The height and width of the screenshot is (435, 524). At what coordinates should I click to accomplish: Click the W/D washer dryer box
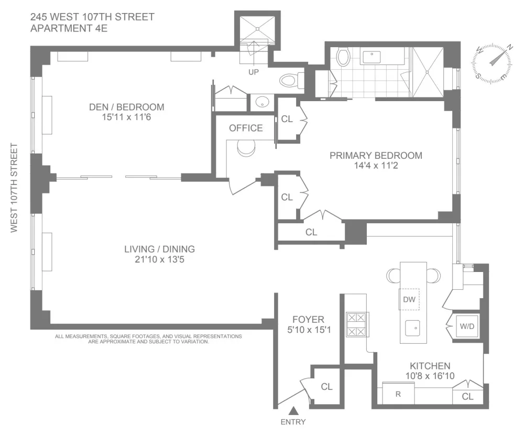467,327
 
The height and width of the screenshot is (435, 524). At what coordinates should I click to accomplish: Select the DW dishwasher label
409,299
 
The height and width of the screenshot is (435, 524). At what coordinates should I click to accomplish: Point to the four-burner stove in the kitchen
357,324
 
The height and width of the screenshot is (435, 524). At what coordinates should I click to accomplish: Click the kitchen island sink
412,328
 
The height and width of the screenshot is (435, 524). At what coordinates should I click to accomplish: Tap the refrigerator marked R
398,394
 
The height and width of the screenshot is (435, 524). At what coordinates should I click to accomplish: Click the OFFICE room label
246,128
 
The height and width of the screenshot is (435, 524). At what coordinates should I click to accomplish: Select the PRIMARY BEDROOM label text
376,156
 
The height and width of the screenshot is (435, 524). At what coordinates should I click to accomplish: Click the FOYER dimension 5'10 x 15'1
309,330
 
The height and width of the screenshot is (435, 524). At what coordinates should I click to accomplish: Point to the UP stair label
253,72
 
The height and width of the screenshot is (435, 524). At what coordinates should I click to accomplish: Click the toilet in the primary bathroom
343,57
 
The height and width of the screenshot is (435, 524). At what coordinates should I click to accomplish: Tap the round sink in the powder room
262,102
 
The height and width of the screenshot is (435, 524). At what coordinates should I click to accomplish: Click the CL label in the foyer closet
326,386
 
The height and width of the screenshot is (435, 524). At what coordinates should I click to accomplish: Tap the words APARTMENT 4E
69,28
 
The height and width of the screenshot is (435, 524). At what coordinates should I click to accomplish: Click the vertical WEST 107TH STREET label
14,188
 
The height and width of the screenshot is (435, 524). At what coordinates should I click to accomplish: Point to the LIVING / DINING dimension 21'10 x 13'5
159,259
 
